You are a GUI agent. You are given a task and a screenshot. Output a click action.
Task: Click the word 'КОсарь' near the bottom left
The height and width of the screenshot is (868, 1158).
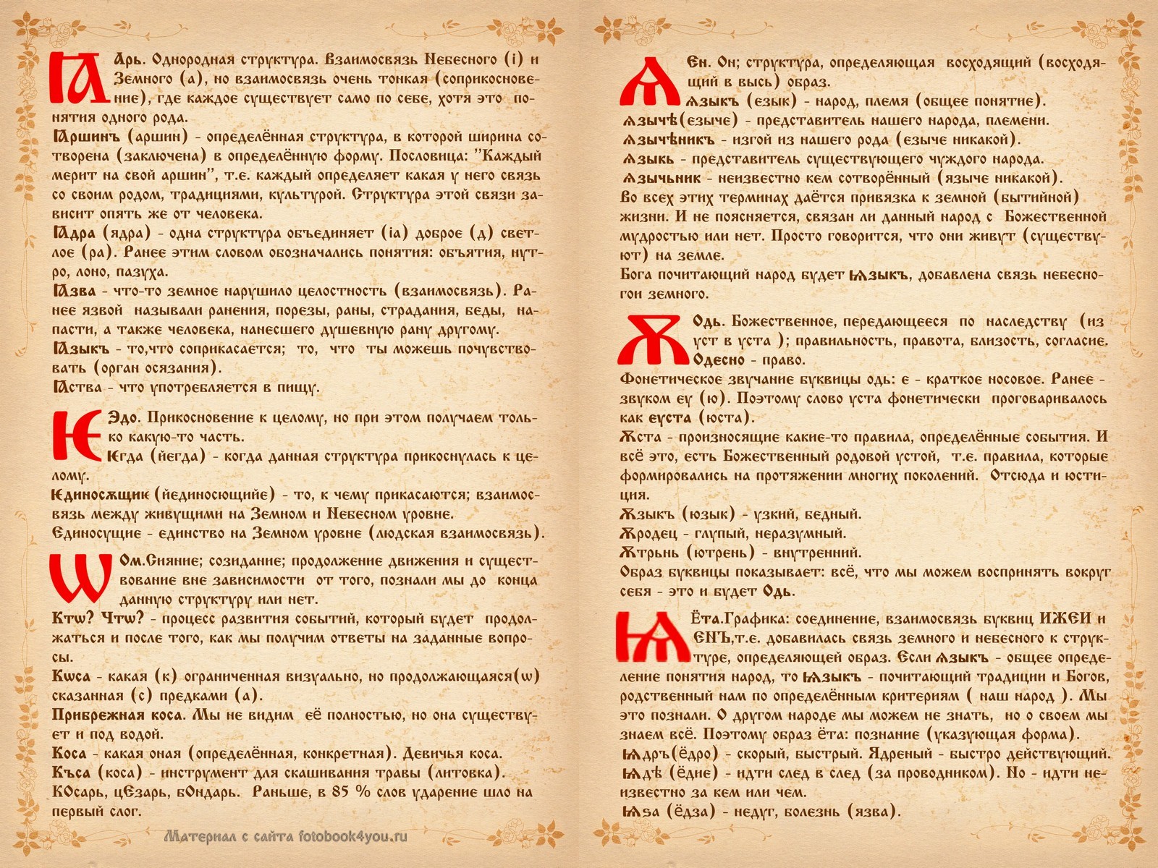(78, 792)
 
